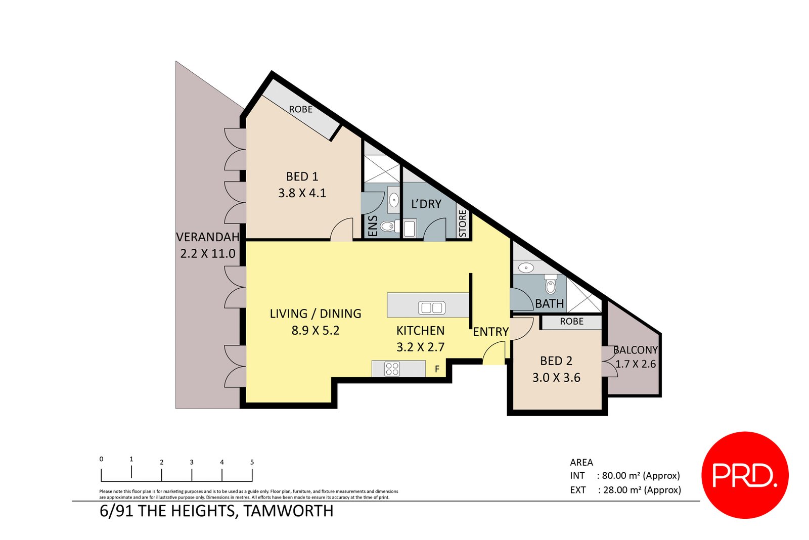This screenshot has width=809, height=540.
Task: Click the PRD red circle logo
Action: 744,475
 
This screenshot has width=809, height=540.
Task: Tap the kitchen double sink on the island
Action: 431,307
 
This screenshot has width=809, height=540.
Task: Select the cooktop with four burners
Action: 392,369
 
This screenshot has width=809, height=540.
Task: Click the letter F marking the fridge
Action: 437,370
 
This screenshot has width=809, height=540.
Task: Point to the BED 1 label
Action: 302,176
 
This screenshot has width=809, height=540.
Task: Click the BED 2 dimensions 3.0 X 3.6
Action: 556,378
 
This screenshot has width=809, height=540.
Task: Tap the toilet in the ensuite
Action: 387,226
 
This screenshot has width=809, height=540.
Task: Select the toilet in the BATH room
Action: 551,286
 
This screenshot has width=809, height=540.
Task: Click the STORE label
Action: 463,223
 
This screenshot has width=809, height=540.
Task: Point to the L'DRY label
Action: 426,204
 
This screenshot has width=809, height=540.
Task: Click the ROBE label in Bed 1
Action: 300,109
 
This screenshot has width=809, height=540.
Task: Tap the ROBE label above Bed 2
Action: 571,322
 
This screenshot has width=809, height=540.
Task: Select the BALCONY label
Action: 635,350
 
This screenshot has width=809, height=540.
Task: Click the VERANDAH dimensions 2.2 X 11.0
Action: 208,253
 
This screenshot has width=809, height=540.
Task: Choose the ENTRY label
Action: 490,332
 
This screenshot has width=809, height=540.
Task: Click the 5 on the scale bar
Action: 252,462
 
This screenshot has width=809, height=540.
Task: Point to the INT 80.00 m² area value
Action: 640,476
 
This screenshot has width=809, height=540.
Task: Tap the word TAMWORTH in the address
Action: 288,511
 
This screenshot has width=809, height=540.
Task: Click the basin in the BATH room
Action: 526,267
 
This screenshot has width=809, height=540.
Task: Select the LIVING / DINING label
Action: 316,313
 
